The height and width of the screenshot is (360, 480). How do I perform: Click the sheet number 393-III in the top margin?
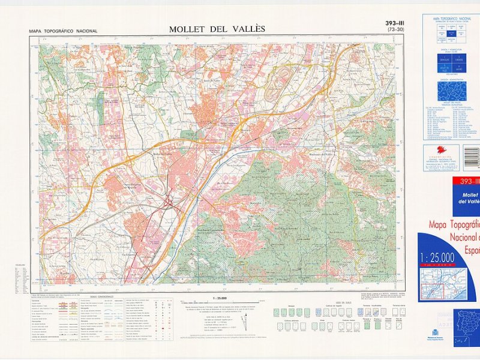(x=395, y=23)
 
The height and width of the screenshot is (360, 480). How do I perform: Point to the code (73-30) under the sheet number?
(x=395, y=30)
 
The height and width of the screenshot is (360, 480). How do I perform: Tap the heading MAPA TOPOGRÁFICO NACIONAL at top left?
(x=63, y=31)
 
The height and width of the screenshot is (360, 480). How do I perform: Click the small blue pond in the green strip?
(x=100, y=106)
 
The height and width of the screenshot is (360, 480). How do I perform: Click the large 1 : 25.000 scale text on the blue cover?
(x=437, y=258)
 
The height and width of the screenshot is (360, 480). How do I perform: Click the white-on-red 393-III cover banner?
(x=467, y=182)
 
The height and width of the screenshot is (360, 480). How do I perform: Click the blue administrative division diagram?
(x=451, y=91)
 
